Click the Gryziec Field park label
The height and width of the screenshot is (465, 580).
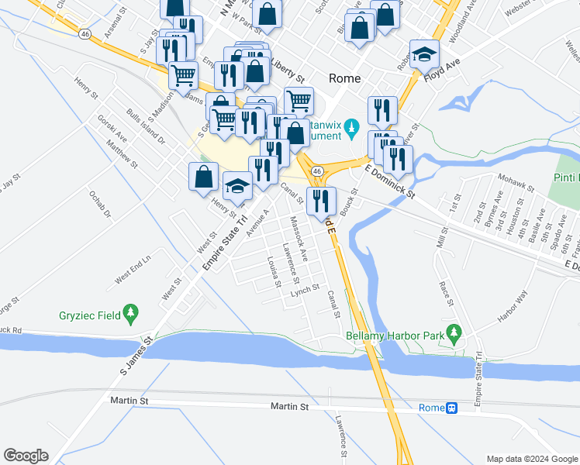(90, 315)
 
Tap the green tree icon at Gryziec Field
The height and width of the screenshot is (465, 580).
(131, 314)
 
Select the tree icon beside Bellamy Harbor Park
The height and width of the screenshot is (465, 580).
(454, 336)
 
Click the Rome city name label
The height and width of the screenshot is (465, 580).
(345, 77)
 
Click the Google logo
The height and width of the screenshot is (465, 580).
(26, 456)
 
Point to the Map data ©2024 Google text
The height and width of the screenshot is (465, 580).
(531, 459)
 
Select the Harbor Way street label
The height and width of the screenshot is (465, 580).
(512, 305)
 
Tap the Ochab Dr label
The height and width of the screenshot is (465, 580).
(101, 203)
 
